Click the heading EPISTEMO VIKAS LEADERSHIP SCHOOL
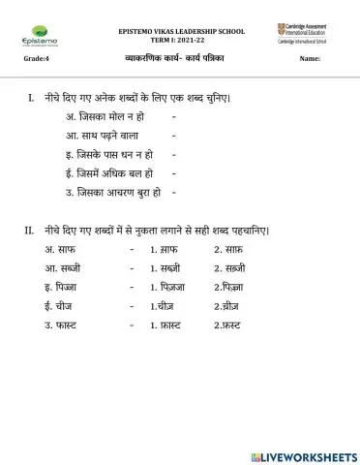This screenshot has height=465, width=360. coord(181,31)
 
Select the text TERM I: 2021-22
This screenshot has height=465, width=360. coord(181,40)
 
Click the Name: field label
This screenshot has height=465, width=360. coord(310,60)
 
